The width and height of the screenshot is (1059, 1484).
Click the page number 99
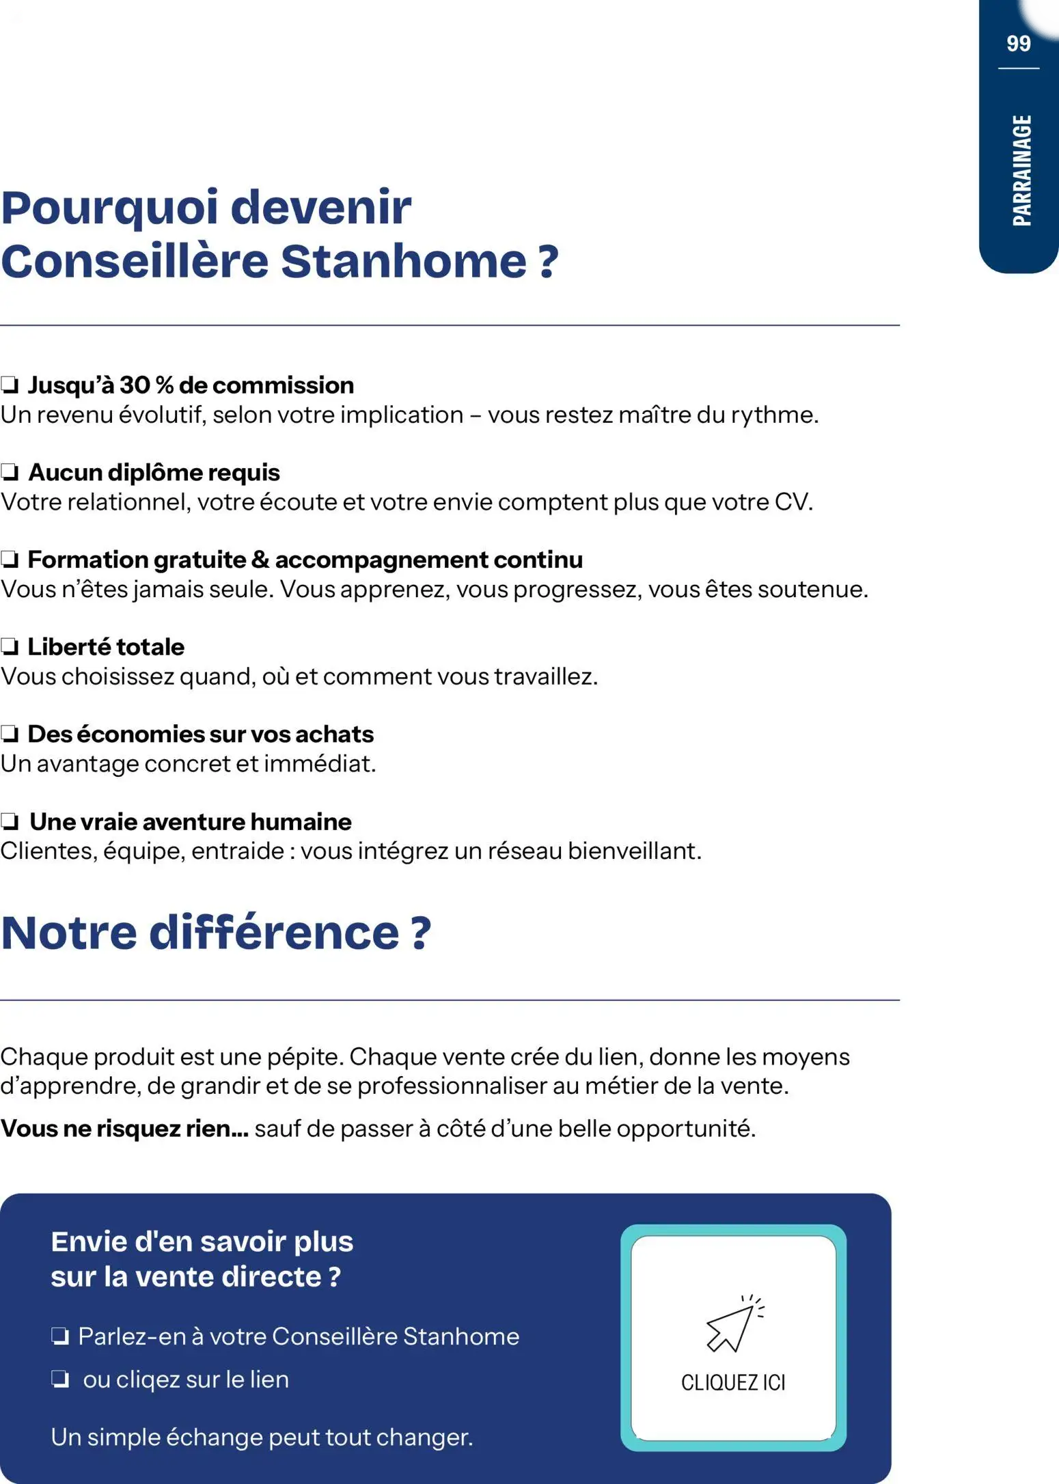1018,44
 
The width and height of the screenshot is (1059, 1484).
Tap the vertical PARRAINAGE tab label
1021,170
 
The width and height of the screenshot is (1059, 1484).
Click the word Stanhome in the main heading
403,262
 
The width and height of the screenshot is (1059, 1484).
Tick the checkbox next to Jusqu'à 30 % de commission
10,385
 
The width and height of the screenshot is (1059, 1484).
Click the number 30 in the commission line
135,385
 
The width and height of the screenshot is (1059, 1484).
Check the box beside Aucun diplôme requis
10,473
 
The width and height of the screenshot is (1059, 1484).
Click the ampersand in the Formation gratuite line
260,560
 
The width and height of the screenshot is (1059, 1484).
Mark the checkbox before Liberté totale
10,647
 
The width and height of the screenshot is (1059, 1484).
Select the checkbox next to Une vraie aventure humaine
10,822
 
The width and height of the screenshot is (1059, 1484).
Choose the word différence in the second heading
274,933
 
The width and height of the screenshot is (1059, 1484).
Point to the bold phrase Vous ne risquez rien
124,1129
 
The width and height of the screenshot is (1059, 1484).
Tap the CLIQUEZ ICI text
733,1383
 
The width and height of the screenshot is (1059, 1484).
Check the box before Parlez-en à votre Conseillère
60,1336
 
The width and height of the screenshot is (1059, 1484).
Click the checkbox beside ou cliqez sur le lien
60,1379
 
